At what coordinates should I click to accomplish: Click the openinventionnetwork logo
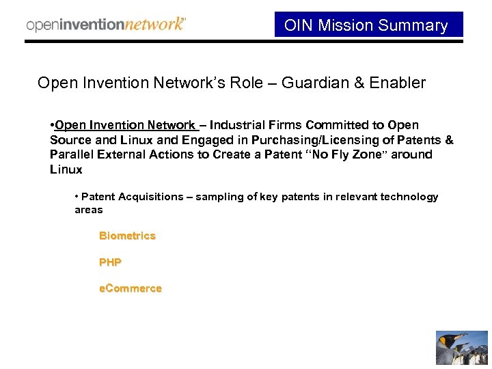pyautogui.click(x=105, y=25)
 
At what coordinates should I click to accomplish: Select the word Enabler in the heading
pyautogui.click(x=397, y=83)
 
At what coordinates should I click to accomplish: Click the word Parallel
pyautogui.click(x=72, y=154)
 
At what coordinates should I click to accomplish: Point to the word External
pyautogui.click(x=120, y=154)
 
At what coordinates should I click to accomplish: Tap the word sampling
pyautogui.click(x=219, y=197)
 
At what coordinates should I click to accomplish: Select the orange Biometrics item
pyautogui.click(x=127, y=236)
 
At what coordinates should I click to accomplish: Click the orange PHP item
pyautogui.click(x=110, y=262)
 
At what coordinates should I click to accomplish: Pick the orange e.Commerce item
pyautogui.click(x=131, y=288)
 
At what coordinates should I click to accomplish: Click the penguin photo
pyautogui.click(x=462, y=348)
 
